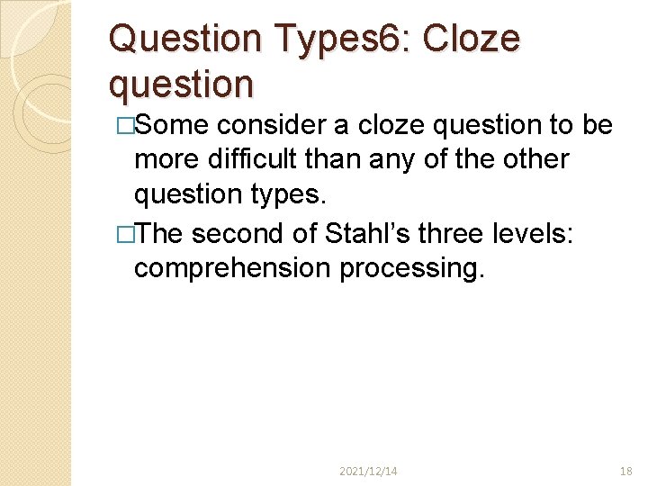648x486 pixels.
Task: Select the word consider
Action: click(x=278, y=125)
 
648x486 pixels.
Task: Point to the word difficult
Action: click(x=255, y=159)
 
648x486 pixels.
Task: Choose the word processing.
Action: click(x=411, y=267)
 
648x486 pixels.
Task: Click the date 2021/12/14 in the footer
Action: click(x=369, y=471)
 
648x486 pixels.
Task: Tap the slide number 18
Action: click(x=626, y=471)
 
